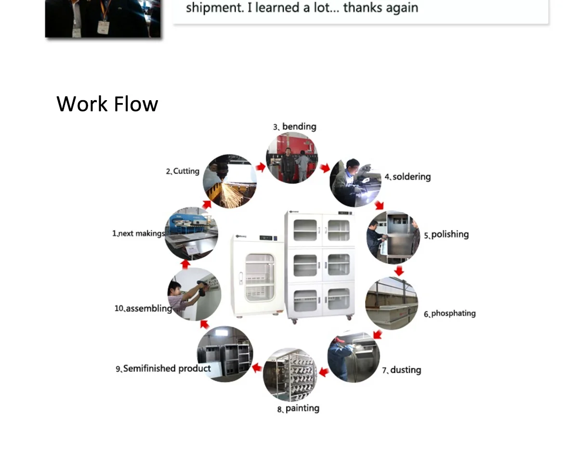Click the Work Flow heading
107,104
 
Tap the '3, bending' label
295,127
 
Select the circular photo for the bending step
292,158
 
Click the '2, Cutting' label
183,171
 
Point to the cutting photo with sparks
230,181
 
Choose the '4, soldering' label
407,177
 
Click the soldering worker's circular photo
355,182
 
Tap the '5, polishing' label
446,235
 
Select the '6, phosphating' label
449,313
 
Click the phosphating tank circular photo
391,303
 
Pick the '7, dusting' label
402,370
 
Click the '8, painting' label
298,408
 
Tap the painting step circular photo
289,375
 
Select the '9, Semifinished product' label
163,368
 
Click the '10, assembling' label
143,308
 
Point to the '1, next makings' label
138,234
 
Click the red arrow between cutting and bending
261,167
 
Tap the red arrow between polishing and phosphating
399,271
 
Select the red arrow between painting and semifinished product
257,368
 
